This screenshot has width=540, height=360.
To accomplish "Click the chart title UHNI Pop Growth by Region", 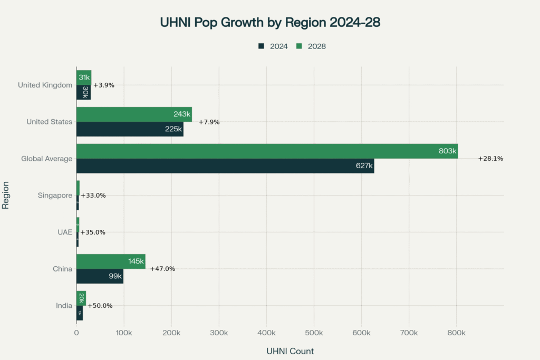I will (269, 23).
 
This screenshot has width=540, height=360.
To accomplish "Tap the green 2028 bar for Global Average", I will (267, 151).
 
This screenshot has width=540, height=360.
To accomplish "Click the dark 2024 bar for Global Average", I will (225, 166).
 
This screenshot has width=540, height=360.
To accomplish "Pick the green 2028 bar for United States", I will (134, 114).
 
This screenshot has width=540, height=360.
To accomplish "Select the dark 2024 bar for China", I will (100, 276).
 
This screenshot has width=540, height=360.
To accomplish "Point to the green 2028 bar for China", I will (111, 261).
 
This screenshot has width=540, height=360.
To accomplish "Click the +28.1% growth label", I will (490, 159).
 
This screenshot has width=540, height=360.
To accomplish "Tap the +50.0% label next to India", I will (100, 306).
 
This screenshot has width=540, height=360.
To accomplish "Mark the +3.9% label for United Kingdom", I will (103, 85).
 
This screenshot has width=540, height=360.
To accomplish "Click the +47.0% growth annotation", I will (162, 269).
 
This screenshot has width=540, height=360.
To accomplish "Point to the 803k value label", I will (447, 151).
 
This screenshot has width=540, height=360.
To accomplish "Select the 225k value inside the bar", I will (173, 129).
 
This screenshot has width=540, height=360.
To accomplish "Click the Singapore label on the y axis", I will (55, 196).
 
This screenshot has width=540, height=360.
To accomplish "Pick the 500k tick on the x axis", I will (314, 333).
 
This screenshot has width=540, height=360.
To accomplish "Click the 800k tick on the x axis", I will (456, 333).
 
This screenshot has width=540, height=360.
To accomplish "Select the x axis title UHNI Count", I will (290, 351).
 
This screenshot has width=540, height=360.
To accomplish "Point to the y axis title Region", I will (6, 196).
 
